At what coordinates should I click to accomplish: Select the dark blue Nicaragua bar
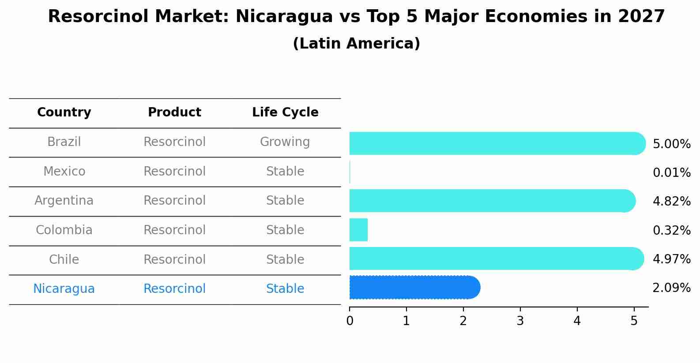coord(414,288)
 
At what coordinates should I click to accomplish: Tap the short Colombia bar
coord(358,230)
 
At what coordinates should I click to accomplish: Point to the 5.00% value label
coord(671,144)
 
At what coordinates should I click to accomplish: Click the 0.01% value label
coord(671,173)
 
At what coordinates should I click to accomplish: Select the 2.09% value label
coord(671,288)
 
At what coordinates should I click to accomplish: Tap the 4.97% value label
coord(671,259)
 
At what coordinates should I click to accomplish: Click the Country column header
coord(64,112)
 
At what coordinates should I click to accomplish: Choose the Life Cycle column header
coord(285,112)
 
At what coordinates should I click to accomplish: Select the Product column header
coord(174,112)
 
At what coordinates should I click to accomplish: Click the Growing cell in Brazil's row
coord(285,142)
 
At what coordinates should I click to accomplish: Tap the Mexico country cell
coord(64,172)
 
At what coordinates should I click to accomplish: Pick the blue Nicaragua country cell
coord(64,289)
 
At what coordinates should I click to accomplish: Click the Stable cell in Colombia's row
coord(285,230)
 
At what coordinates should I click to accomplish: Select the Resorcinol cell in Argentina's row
coord(174,201)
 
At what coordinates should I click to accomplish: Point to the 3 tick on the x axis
coord(520,321)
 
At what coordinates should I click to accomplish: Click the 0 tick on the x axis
coord(350,321)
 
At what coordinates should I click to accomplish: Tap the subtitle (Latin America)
coord(356,44)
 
